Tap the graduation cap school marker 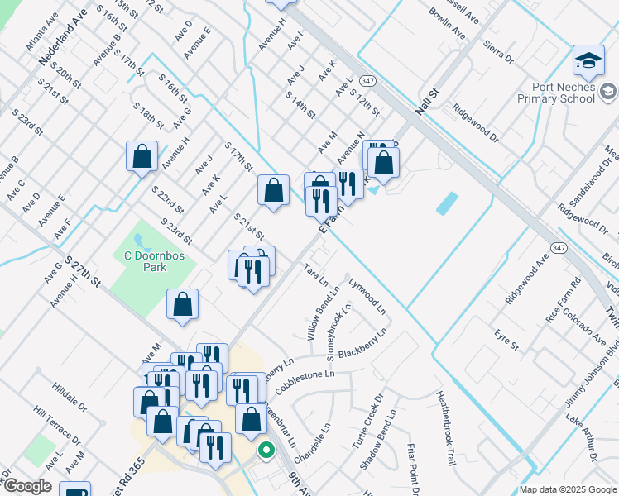[588, 60]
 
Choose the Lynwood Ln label [367, 294]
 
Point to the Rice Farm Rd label [564, 294]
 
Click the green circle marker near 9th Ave [266, 451]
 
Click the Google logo [26, 486]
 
